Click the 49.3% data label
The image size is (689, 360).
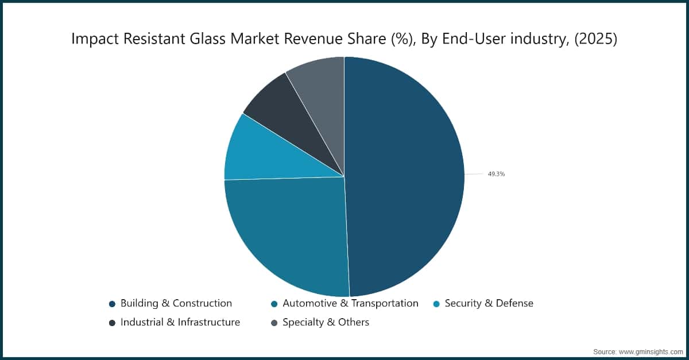[x=496, y=174]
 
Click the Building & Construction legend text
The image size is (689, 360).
[x=176, y=303]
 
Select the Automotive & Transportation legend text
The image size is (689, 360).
[x=350, y=303]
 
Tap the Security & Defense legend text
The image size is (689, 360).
[x=489, y=303]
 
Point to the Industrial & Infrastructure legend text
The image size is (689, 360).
[x=180, y=322]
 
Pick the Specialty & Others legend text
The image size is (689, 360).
[x=326, y=322]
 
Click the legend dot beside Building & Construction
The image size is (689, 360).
[x=112, y=304]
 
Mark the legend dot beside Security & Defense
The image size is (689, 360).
[x=436, y=304]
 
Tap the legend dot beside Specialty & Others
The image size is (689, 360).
[x=274, y=323]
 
